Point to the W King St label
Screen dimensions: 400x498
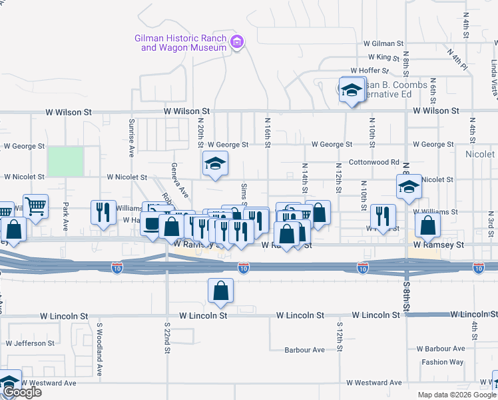click(x=374, y=57)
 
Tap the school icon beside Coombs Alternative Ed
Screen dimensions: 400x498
click(x=350, y=90)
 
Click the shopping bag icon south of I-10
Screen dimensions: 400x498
click(x=220, y=290)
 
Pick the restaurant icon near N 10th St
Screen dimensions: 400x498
click(x=383, y=215)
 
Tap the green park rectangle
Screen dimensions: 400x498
click(x=65, y=161)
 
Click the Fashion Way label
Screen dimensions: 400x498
click(x=442, y=362)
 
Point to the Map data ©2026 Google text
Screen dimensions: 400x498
click(x=456, y=395)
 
